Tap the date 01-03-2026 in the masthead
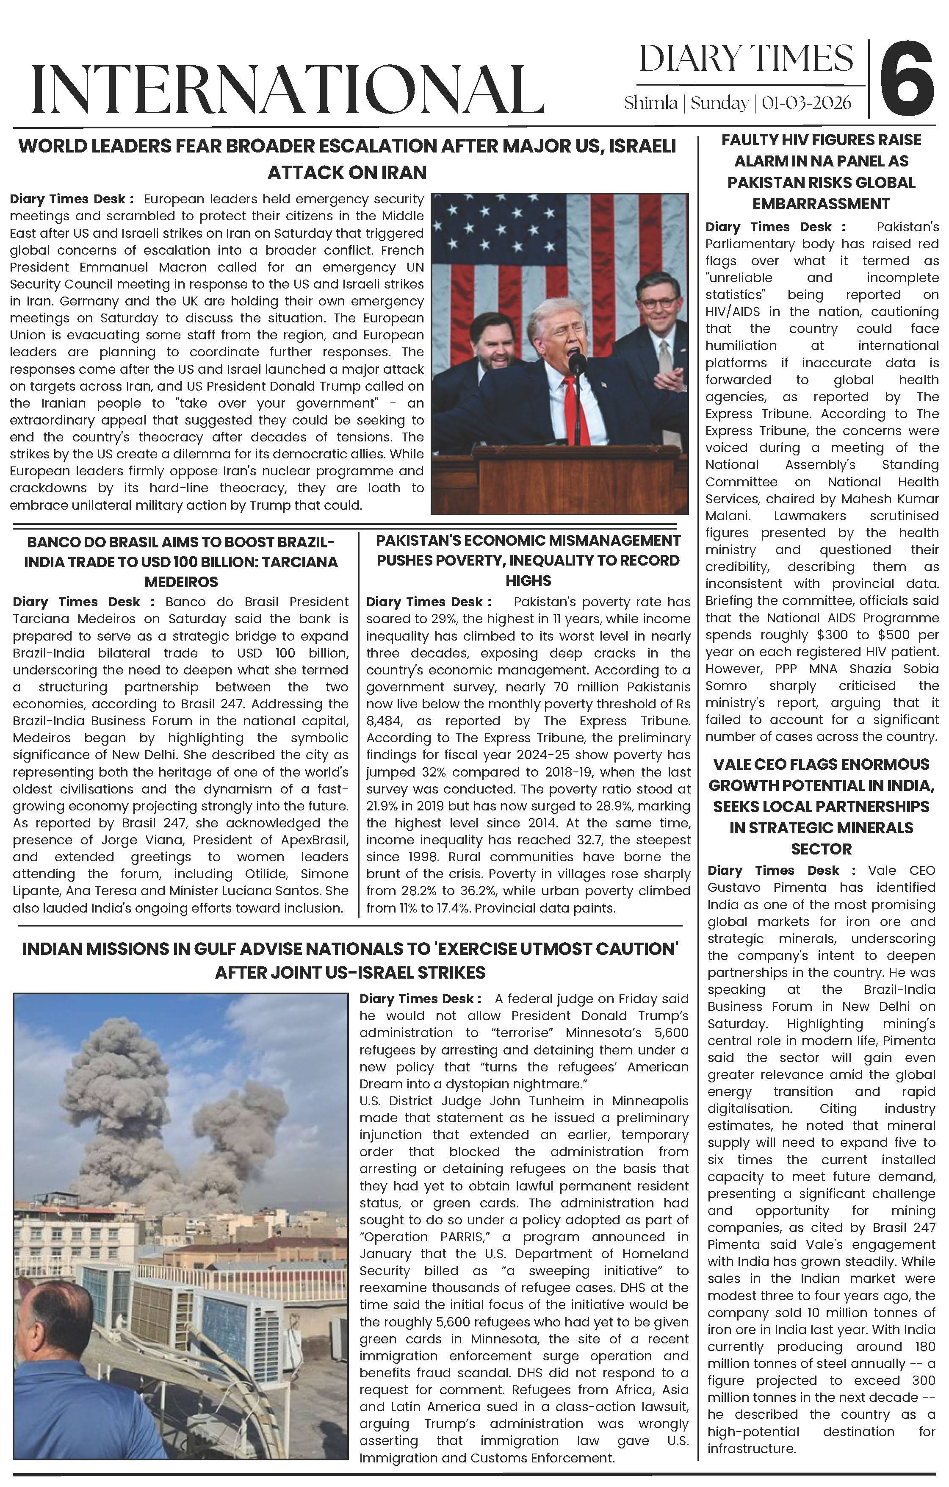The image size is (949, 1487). [x=806, y=103]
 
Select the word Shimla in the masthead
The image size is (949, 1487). [x=650, y=103]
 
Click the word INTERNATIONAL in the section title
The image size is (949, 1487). [x=287, y=89]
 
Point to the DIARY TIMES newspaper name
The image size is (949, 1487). [x=746, y=59]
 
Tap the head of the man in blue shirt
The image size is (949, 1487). [x=53, y=1321]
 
